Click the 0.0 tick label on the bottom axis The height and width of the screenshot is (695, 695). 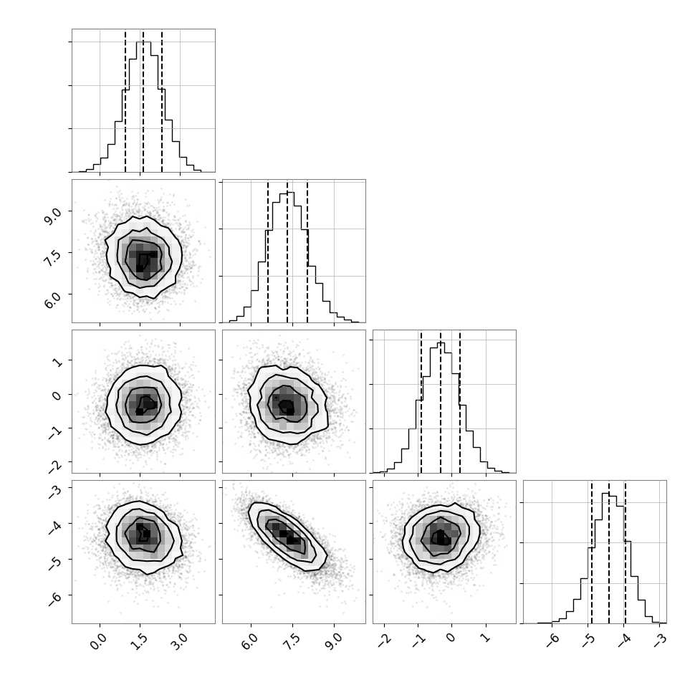click(98, 642)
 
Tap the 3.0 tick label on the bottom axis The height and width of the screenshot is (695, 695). click(178, 642)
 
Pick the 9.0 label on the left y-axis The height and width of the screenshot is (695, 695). click(54, 216)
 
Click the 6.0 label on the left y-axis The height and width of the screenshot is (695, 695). click(54, 299)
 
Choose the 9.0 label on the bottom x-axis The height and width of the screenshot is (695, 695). click(333, 642)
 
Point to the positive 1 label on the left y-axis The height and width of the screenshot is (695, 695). click(57, 362)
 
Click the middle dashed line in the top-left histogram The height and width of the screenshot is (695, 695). click(143, 100)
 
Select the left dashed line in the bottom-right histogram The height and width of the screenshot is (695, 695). click(592, 552)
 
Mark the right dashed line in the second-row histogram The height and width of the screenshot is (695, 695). click(307, 251)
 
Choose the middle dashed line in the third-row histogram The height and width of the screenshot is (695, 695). click(441, 401)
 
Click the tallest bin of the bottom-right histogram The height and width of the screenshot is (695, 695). click(605, 558)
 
